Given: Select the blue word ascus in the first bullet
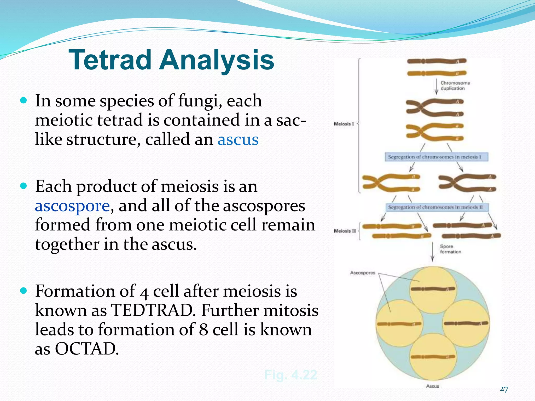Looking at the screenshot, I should [238, 140].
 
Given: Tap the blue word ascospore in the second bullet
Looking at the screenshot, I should [72, 206].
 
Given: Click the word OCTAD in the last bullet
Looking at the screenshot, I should [85, 349].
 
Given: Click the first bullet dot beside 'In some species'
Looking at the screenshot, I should [24, 101].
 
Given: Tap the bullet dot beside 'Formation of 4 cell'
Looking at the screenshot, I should [24, 291].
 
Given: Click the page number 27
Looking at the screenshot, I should [504, 389].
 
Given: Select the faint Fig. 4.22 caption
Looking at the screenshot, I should [290, 375].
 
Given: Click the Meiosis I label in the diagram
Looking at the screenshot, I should [344, 124].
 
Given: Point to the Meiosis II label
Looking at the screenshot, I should [345, 231].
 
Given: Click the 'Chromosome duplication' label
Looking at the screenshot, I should [455, 86].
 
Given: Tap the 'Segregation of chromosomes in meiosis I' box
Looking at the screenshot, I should [436, 157].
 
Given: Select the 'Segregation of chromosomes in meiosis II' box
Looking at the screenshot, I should [437, 207].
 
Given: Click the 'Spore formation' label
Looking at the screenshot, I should [450, 249].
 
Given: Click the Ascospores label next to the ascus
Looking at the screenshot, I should [362, 273].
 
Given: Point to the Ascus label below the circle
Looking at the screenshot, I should [432, 386].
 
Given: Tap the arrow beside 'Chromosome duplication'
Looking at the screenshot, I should [436, 86].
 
